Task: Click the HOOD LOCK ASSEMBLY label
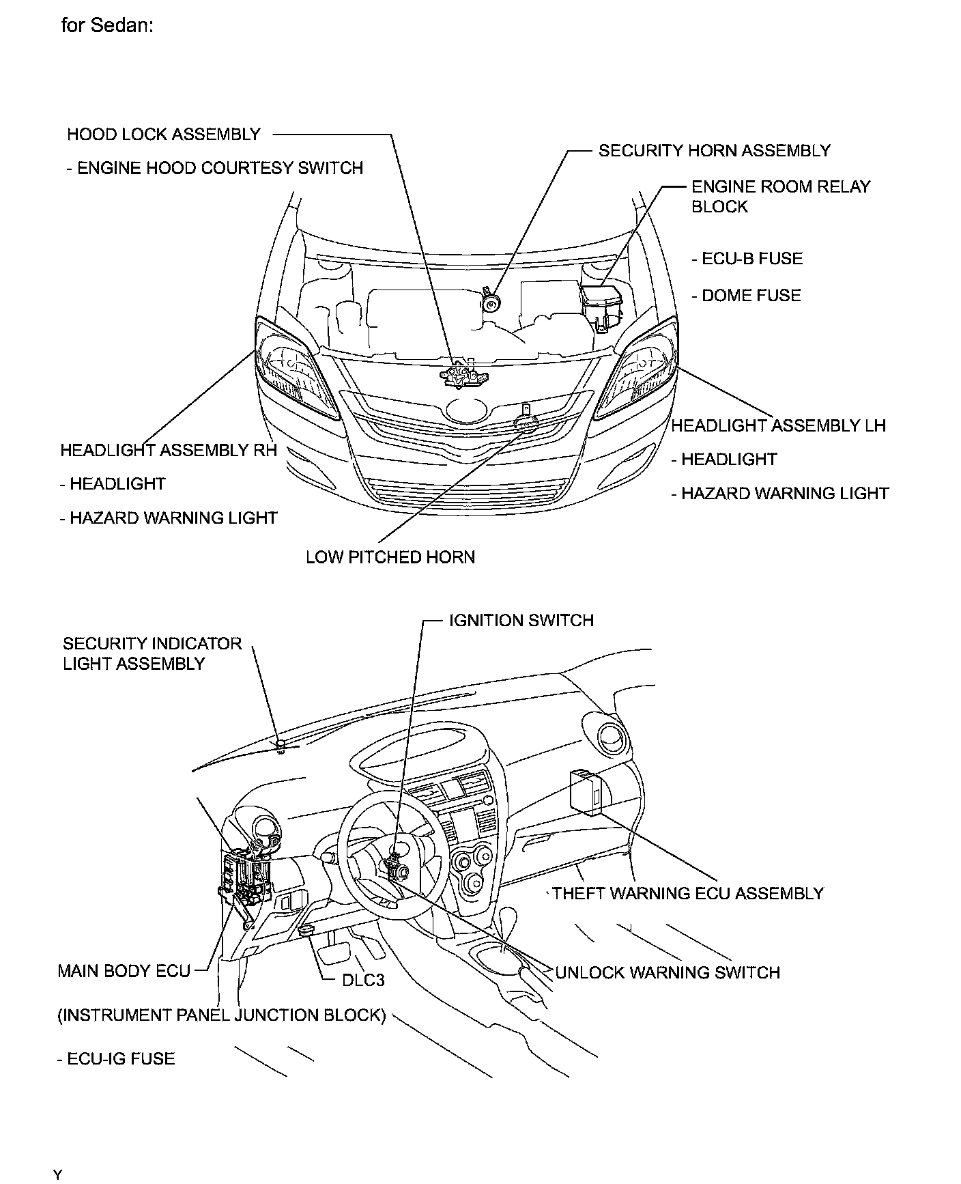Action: coord(164,135)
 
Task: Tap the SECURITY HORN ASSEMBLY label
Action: coord(714,151)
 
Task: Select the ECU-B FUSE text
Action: coord(747,259)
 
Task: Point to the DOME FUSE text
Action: coord(746,296)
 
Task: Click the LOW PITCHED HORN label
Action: coord(390,557)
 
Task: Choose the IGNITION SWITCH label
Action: coord(521,621)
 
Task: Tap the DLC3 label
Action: coord(363,980)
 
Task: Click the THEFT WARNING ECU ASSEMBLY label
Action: coord(688,893)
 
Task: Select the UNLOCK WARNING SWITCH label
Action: coord(668,972)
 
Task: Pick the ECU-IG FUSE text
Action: coord(116,1058)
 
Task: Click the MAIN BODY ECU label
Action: coord(124,971)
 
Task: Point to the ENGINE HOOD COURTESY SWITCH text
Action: coord(215,169)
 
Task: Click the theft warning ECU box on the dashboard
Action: coord(586,791)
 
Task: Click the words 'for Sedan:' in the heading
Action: coord(107,26)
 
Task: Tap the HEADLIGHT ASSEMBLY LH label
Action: coord(778,426)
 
